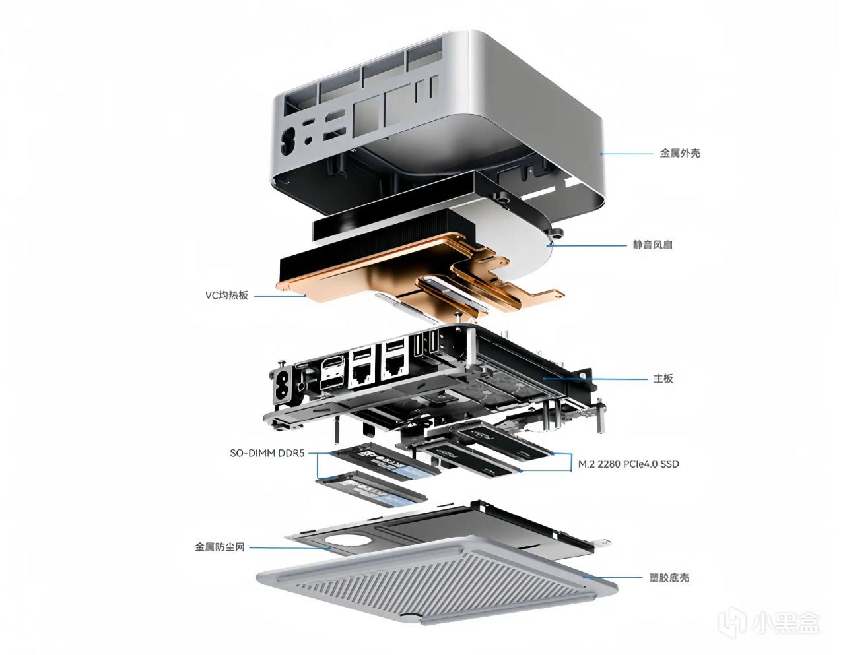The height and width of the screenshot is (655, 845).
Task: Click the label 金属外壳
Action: pos(680,154)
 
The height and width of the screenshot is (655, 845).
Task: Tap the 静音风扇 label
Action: pos(652,245)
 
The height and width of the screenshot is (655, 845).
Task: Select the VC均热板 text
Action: pos(226,296)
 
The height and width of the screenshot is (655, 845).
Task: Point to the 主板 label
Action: pos(663,379)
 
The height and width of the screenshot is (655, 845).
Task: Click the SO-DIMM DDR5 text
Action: pos(267,453)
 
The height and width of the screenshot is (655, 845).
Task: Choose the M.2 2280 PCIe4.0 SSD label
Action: pos(628,464)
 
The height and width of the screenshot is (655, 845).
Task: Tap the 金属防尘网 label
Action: pos(220,547)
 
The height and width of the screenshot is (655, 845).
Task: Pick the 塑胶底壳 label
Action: pos(669,578)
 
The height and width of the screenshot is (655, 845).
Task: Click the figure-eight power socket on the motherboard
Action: pos(283,385)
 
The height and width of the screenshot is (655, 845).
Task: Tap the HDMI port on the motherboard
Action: pos(333,365)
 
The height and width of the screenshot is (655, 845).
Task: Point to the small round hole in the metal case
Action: pos(309,139)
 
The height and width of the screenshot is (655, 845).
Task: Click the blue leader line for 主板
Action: pos(595,379)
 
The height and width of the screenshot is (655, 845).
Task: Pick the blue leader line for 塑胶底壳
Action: pos(613,578)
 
